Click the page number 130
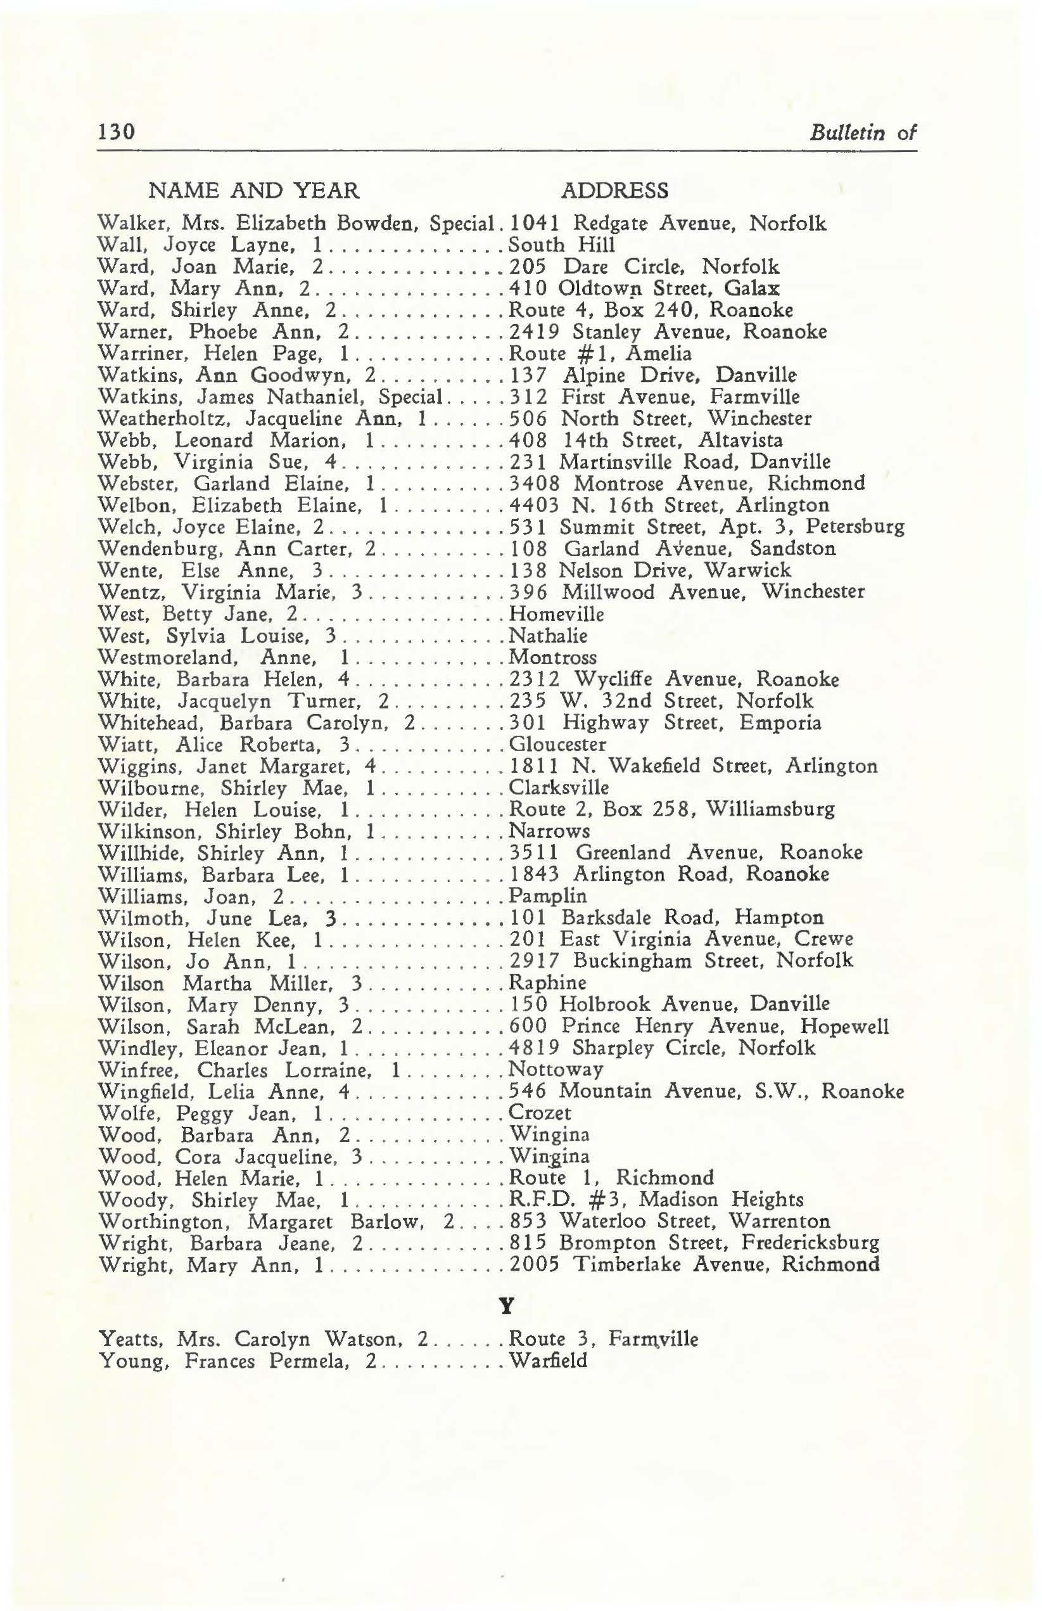pos(117,131)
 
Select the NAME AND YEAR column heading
pos(254,191)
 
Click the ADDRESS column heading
pos(614,191)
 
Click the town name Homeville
pos(556,614)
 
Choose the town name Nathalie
pos(548,636)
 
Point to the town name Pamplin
pos(548,896)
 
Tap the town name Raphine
pos(547,982)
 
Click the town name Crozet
pos(540,1113)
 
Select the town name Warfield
pos(548,1361)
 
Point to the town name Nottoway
pos(556,1070)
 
